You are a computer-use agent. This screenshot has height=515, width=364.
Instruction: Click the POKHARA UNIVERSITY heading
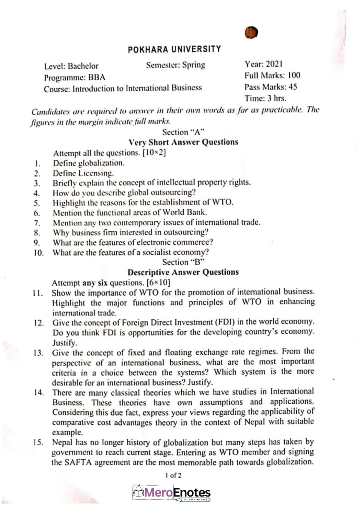point(174,49)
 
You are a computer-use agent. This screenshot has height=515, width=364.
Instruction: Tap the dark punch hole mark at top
point(251,33)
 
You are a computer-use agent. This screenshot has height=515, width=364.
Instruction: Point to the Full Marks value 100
point(294,75)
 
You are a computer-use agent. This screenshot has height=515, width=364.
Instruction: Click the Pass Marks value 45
point(293,87)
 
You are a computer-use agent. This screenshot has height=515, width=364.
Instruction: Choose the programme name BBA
point(97,77)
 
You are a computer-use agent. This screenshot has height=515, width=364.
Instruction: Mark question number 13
point(38,353)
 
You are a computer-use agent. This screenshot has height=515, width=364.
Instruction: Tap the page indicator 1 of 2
point(173,476)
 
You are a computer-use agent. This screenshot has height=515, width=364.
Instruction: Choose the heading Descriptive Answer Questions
point(183,272)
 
